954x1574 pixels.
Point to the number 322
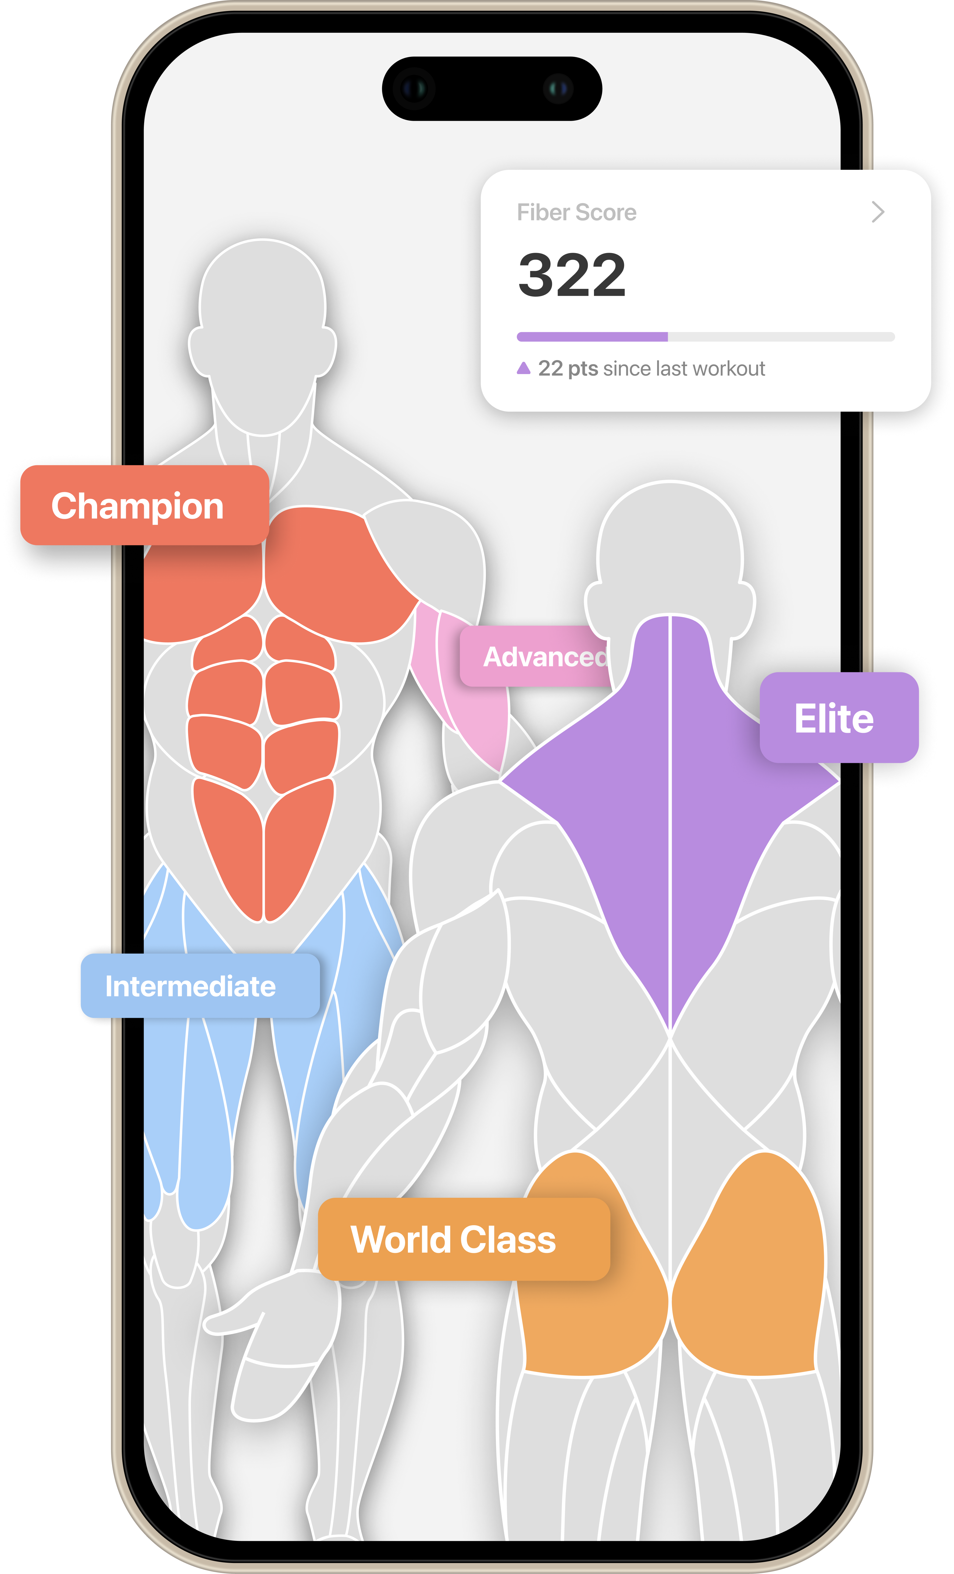[x=571, y=275]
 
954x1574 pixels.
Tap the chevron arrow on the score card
[x=878, y=212]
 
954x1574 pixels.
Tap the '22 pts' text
[x=568, y=369]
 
